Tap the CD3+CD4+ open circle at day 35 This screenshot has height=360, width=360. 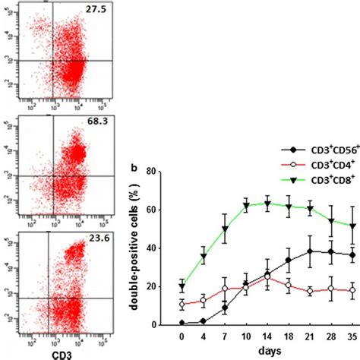pos(351,290)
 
